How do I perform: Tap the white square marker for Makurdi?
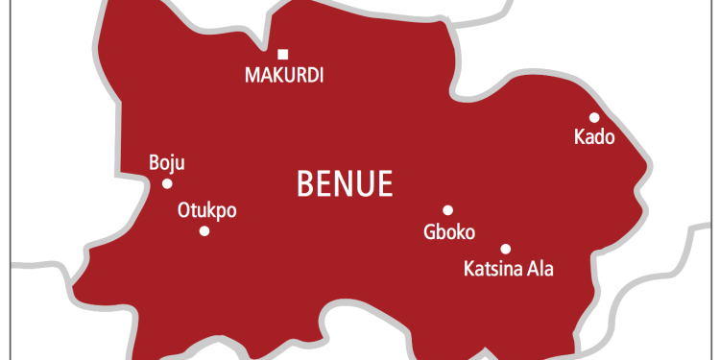click(282, 54)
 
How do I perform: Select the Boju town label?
click(166, 162)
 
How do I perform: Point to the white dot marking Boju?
click(167, 183)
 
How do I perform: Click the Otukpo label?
click(206, 210)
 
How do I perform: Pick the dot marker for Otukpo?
click(204, 230)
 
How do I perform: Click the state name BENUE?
click(346, 182)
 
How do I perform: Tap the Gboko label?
click(449, 231)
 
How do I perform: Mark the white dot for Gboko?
click(447, 210)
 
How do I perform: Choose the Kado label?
click(593, 137)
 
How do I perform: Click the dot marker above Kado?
click(594, 117)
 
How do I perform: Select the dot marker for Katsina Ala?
click(506, 248)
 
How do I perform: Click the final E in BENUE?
click(385, 182)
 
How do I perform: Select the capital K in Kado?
click(579, 137)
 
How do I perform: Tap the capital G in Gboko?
click(429, 231)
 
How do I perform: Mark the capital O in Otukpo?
click(184, 210)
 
